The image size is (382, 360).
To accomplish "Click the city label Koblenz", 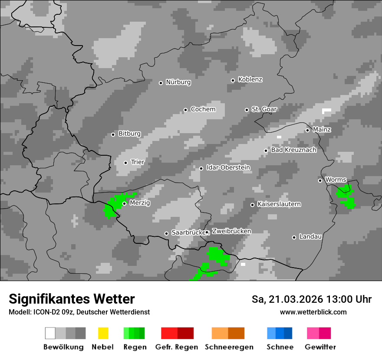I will pos(250,79).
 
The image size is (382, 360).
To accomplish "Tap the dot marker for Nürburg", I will pos(161,82).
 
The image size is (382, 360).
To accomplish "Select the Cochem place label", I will pos(203,109).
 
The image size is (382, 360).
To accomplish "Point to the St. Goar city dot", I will pos(247,110).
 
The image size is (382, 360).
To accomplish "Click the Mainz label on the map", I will pos(322,130).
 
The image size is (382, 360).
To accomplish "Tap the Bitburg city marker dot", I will pos(113,134).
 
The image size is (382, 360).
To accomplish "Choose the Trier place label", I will pos(138,162).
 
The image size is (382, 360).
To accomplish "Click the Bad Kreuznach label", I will pos(294,150).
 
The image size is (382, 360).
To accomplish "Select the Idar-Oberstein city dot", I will pos(201,168).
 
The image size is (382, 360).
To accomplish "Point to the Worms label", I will pos(336,180).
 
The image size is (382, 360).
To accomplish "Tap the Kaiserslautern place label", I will pos(279,204).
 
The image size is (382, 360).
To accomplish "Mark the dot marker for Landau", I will pos(294,237).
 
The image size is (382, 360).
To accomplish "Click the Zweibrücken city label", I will pos(231,231).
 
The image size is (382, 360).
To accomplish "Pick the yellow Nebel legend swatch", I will pos(103,333).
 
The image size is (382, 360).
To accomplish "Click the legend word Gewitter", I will pos(320,347).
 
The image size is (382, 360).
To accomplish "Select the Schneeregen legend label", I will pos(229,347).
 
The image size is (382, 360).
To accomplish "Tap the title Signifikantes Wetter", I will pos(72,299).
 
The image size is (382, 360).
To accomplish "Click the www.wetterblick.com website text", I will pos(313,312).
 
